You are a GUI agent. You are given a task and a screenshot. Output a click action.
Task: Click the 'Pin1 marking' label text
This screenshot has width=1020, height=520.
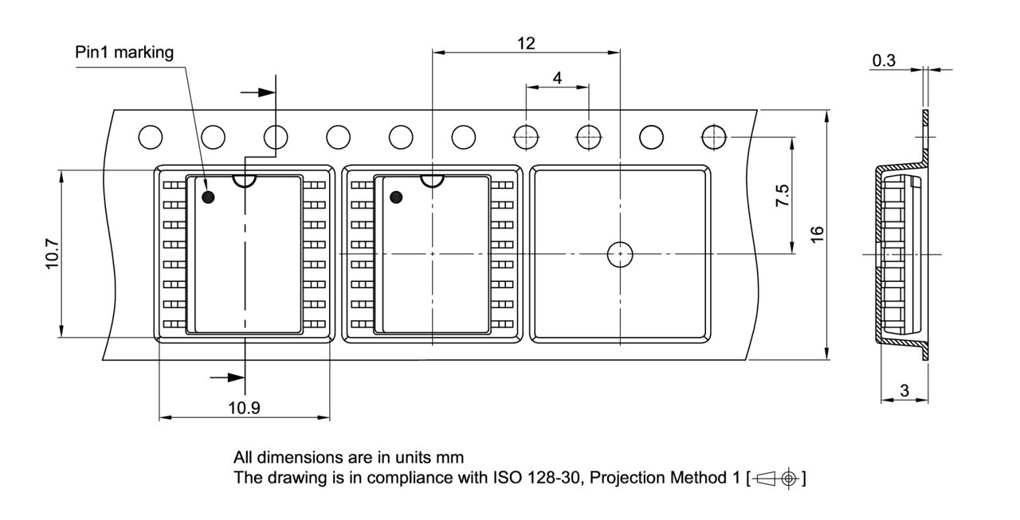click(x=124, y=53)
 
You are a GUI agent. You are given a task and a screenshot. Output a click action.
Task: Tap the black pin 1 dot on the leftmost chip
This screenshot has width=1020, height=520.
click(x=208, y=197)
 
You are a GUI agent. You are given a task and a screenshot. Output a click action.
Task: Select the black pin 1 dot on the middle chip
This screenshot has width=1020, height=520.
click(x=396, y=197)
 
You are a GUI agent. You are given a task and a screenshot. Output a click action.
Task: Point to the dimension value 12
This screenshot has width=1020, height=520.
click(x=525, y=43)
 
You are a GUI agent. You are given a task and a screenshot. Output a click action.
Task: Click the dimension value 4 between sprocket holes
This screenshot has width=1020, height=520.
click(x=557, y=77)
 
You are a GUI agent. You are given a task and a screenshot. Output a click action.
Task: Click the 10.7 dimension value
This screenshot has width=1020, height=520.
click(x=51, y=254)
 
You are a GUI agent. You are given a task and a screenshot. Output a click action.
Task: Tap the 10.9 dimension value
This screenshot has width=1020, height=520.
click(x=244, y=408)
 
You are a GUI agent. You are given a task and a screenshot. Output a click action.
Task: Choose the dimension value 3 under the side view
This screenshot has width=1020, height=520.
click(x=904, y=390)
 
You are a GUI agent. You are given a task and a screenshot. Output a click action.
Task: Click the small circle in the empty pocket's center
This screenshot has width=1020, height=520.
click(x=619, y=254)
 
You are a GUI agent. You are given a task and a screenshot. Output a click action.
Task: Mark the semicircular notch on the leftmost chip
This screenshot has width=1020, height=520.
click(x=244, y=182)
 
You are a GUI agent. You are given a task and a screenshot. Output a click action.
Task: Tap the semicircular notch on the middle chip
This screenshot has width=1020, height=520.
click(x=432, y=182)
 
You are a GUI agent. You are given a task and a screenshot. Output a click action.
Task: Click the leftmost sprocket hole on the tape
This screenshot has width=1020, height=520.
click(x=150, y=137)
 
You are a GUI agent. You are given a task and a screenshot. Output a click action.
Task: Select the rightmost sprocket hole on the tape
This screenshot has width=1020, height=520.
click(x=714, y=137)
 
